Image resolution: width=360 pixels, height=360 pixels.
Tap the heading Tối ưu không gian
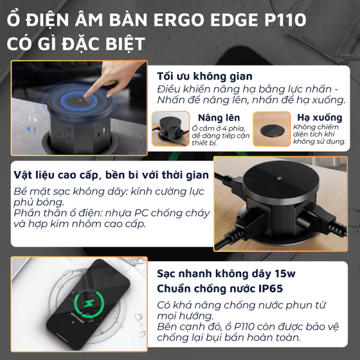tap(204, 77)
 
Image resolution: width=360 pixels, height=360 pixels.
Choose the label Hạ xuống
tap(319, 118)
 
